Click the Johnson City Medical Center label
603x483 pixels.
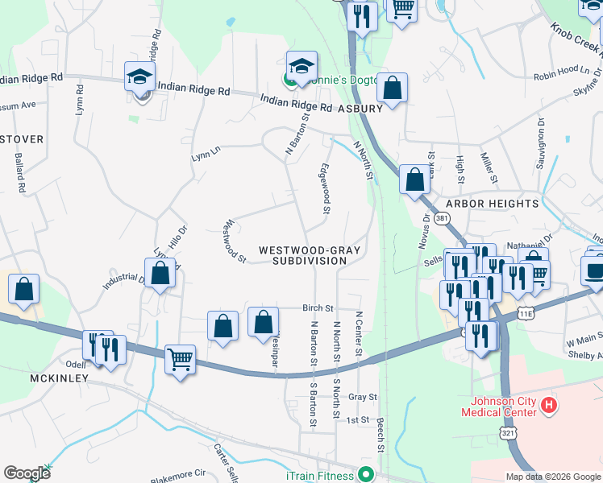coord(498,407)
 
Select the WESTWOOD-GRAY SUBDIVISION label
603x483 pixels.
coord(309,255)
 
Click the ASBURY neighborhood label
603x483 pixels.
coord(360,108)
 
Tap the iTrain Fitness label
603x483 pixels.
coord(320,476)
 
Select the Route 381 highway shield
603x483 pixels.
coord(441,218)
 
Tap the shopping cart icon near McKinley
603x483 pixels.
coord(181,358)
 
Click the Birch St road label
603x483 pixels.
coord(318,308)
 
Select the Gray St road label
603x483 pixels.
coord(363,397)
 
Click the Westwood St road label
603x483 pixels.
coord(236,241)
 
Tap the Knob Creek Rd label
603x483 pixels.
coord(576,37)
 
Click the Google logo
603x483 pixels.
coord(27,473)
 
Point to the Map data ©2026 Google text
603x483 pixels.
coord(552,477)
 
